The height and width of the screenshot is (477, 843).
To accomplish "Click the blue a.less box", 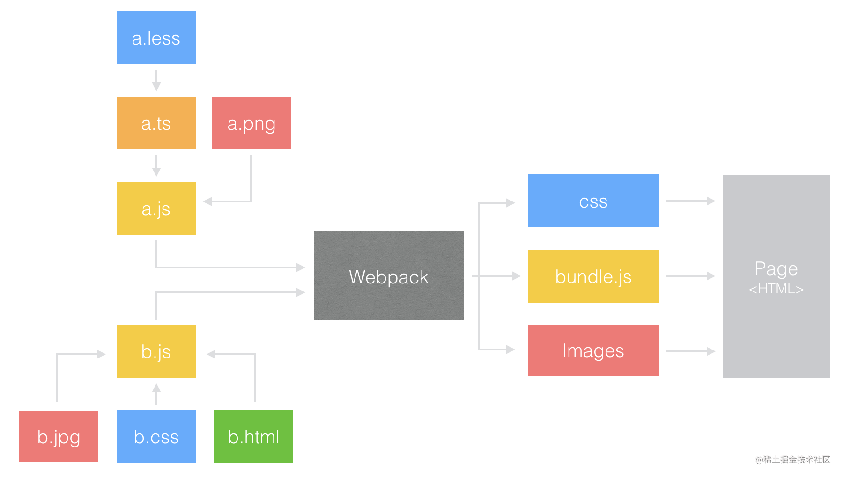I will (x=156, y=38).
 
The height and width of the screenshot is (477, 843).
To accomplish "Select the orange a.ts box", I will (x=156, y=123).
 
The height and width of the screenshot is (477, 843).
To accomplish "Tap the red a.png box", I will (x=251, y=123).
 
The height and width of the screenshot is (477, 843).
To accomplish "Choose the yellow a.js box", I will (x=156, y=209).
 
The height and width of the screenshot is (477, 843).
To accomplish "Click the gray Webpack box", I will (x=388, y=276).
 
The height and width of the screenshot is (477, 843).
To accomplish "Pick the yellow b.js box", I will (x=156, y=351).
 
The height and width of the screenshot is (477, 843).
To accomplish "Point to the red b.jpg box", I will (x=59, y=437).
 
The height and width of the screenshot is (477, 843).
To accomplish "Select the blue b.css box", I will (x=156, y=437).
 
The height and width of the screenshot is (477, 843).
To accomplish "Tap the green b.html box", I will (x=253, y=437).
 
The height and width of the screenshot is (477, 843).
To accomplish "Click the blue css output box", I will (x=593, y=201).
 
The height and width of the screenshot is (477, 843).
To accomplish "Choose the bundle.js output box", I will (x=593, y=276).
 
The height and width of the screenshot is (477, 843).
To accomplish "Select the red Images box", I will (x=593, y=350).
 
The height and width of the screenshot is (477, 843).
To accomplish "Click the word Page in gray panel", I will (x=776, y=269).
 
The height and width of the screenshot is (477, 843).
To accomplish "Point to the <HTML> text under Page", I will (x=776, y=289).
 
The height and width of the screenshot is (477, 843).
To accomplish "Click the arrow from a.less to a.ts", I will (x=156, y=80).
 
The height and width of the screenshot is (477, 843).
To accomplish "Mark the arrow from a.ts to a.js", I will (x=156, y=165).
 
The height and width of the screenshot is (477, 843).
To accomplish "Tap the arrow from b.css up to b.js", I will (x=156, y=394).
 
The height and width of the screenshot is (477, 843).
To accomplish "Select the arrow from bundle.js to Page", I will (x=690, y=276).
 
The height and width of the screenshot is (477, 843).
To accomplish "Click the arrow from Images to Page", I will (x=690, y=351).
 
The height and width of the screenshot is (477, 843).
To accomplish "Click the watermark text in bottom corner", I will (x=792, y=460).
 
